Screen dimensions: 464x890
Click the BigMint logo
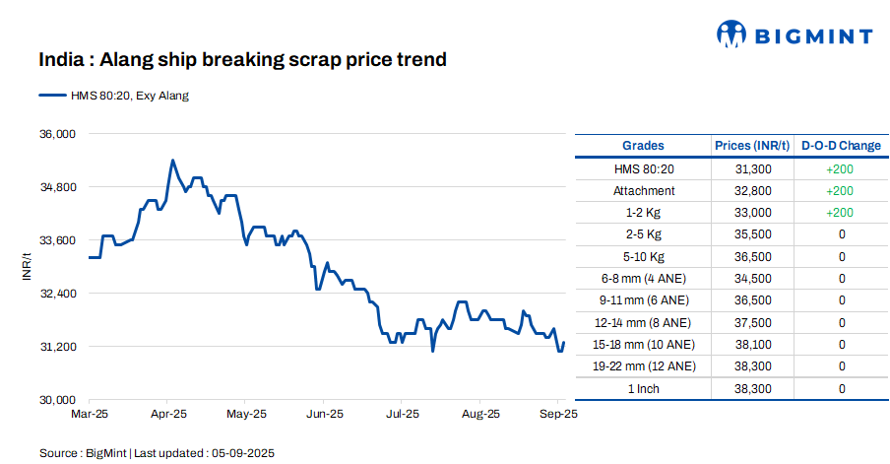pos(794,34)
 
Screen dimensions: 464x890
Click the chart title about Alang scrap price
pos(242,60)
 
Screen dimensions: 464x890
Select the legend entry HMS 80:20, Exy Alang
pos(114,96)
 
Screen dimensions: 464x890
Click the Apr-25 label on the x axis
pos(169,415)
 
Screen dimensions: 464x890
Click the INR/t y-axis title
pos(29,266)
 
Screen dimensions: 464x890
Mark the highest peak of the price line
pos(172,160)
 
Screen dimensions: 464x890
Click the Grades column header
pos(643,146)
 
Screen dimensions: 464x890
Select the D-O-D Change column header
pos(841,146)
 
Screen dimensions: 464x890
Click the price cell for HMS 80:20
pos(753,169)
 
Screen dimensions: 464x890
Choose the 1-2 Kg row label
pos(643,213)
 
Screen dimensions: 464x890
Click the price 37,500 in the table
pos(753,323)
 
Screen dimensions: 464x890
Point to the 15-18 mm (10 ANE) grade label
pos(643,345)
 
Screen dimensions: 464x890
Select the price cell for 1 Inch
pos(753,389)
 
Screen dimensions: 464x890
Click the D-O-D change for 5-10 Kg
pos(842,257)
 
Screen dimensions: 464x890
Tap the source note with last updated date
pos(157,453)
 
